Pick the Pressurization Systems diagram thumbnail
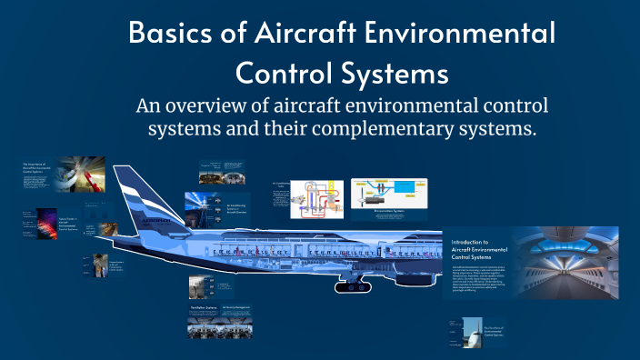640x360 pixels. pos(389,200)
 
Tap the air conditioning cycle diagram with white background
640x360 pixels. pos(315,200)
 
